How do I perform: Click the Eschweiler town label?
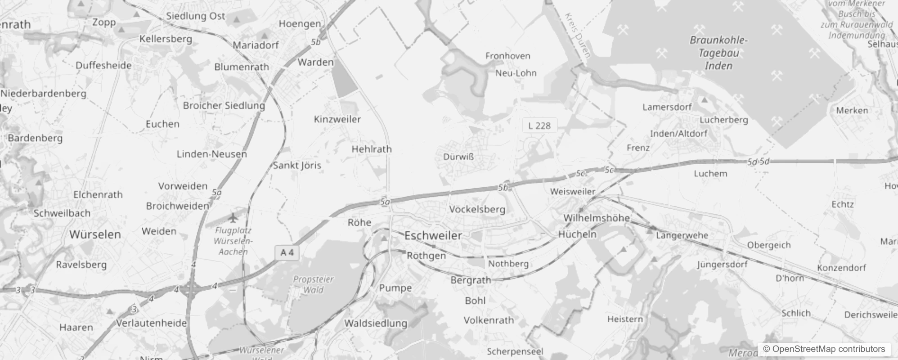(433, 235)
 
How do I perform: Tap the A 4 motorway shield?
(287, 252)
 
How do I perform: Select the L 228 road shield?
(539, 126)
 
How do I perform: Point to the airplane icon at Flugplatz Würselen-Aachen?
(232, 218)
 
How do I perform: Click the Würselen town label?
(95, 234)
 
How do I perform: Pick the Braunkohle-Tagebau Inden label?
(718, 53)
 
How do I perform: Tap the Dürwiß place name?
(458, 157)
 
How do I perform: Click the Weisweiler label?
(573, 191)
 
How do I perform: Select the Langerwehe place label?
(682, 235)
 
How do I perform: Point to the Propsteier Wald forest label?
(313, 284)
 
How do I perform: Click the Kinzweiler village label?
(337, 119)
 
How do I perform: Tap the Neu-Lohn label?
(516, 73)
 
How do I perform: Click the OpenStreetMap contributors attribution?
(824, 349)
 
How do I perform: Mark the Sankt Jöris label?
(297, 165)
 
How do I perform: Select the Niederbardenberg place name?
(43, 94)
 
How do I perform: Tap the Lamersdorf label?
(667, 107)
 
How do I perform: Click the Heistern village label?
(625, 319)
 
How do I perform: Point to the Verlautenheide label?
(152, 323)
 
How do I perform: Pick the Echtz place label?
(842, 204)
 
